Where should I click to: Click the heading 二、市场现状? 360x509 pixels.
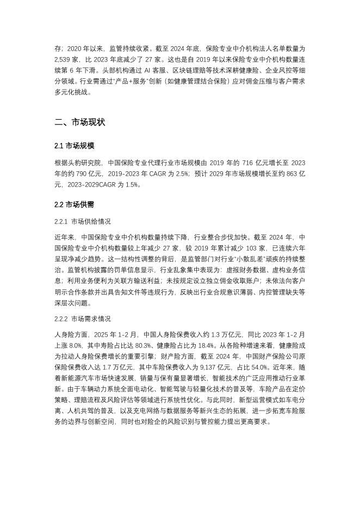tap(80, 122)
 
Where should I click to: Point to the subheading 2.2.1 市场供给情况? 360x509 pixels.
tap(83, 221)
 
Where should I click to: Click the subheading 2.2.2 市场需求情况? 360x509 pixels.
tap(83, 319)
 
